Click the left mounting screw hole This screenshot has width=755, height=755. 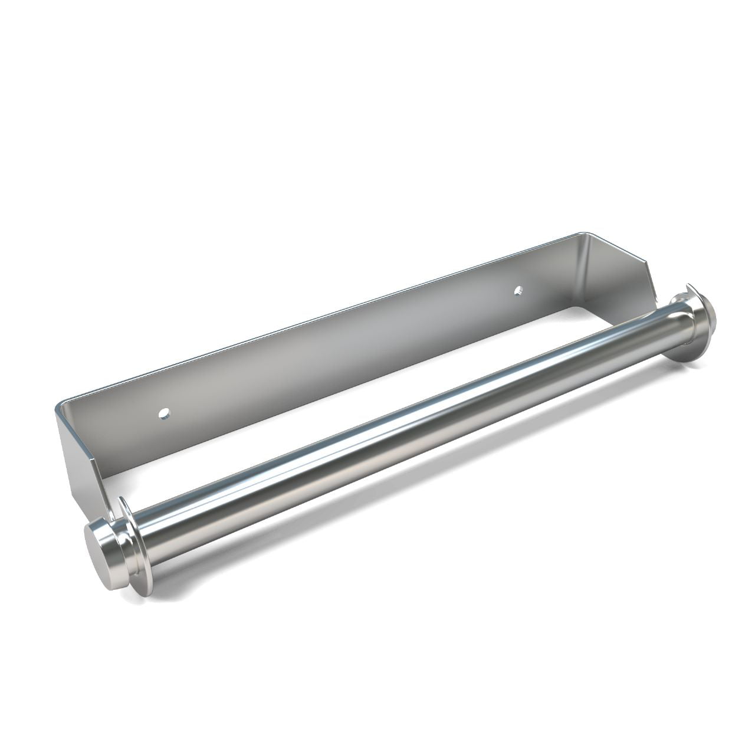click(x=165, y=411)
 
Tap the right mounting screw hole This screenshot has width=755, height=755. click(x=518, y=290)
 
